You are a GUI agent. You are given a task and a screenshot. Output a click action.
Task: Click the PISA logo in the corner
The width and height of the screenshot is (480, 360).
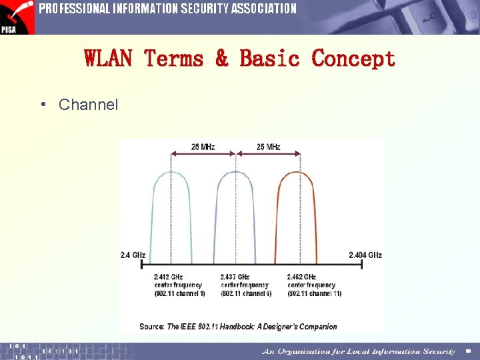(17, 17)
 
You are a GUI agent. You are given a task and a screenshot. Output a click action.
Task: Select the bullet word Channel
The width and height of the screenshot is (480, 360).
(88, 105)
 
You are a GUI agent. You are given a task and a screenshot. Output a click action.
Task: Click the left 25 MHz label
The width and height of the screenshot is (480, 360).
(203, 147)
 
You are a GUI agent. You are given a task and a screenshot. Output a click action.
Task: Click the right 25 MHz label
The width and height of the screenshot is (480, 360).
(268, 147)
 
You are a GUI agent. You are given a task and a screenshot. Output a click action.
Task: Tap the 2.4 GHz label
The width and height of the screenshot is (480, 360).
(133, 255)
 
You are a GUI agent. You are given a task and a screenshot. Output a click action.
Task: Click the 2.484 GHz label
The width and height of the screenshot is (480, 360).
(365, 255)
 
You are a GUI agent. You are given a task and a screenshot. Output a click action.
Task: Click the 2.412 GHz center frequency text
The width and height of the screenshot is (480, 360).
(169, 277)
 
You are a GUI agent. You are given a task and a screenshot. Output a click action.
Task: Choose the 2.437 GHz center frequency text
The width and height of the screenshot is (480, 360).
(235, 277)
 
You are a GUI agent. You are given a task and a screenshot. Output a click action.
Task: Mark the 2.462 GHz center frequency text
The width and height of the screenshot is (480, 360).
(302, 277)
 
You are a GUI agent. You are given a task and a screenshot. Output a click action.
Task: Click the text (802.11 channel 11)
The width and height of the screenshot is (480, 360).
(315, 294)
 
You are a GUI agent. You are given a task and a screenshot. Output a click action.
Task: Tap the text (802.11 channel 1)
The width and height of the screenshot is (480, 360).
(179, 294)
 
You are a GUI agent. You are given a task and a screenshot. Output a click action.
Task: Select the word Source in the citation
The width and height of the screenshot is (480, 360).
(151, 327)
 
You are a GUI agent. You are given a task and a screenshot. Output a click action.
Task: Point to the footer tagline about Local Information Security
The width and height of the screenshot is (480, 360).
(359, 351)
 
